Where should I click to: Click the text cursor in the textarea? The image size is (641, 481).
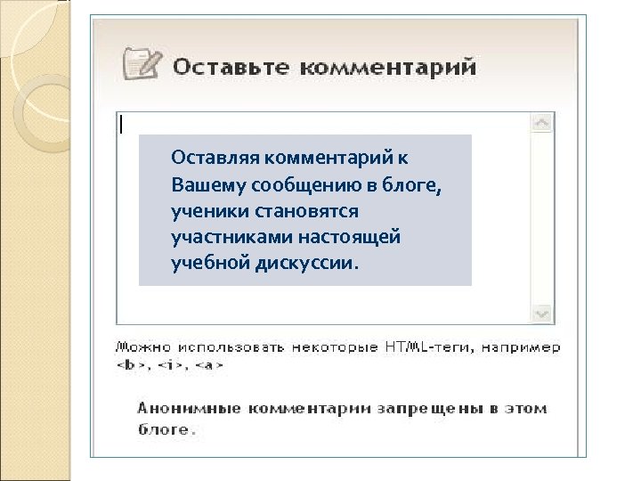pyautogui.click(x=122, y=124)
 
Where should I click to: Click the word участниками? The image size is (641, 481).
pyautogui.click(x=223, y=238)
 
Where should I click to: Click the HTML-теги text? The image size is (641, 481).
pyautogui.click(x=421, y=346)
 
